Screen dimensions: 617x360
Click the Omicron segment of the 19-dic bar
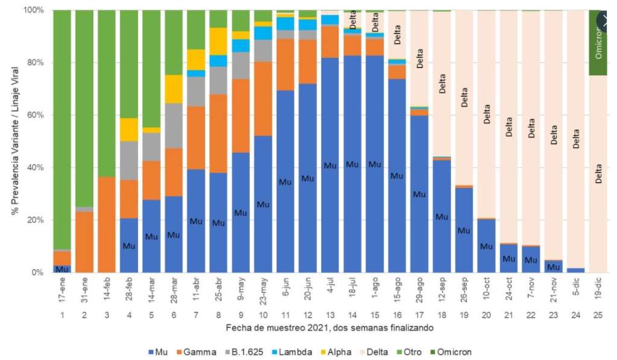598,43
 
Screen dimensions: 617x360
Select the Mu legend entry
158,352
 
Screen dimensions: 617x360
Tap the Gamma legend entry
196,352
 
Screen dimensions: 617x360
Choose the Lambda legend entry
292,352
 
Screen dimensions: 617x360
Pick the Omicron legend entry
451,352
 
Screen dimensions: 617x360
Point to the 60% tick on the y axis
36,115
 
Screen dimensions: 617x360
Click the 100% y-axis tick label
34,10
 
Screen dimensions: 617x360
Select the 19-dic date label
598,288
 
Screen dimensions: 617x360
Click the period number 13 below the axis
330,315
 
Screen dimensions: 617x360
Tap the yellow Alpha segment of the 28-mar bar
174,89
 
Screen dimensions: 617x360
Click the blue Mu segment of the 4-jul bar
330,165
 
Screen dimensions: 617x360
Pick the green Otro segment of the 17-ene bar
62,130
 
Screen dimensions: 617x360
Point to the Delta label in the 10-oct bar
487,114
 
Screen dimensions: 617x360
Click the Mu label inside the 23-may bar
263,204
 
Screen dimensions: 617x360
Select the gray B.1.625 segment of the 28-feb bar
129,160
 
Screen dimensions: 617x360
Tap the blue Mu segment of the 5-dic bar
576,270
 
